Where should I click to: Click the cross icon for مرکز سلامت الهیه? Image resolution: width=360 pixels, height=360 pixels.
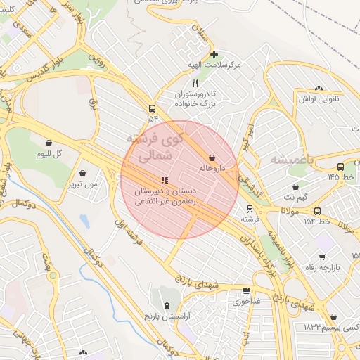(214, 54)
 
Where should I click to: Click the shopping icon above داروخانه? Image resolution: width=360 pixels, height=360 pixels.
(212, 157)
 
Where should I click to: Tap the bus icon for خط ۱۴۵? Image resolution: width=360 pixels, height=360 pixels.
(340, 167)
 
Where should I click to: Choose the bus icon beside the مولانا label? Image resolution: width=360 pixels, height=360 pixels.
(317, 211)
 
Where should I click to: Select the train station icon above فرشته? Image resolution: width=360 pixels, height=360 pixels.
(248, 209)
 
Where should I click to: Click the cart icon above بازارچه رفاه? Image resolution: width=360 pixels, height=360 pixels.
(322, 257)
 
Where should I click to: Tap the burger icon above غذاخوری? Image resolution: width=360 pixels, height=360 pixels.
(246, 290)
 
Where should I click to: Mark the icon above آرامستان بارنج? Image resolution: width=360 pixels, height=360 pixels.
(167, 305)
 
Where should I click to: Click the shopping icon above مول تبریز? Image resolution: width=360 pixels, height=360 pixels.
(83, 174)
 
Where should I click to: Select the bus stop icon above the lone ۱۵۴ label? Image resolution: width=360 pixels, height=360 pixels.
(152, 108)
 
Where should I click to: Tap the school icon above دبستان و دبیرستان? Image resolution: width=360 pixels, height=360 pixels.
(165, 180)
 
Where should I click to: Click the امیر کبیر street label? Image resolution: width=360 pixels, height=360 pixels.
(247, 134)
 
